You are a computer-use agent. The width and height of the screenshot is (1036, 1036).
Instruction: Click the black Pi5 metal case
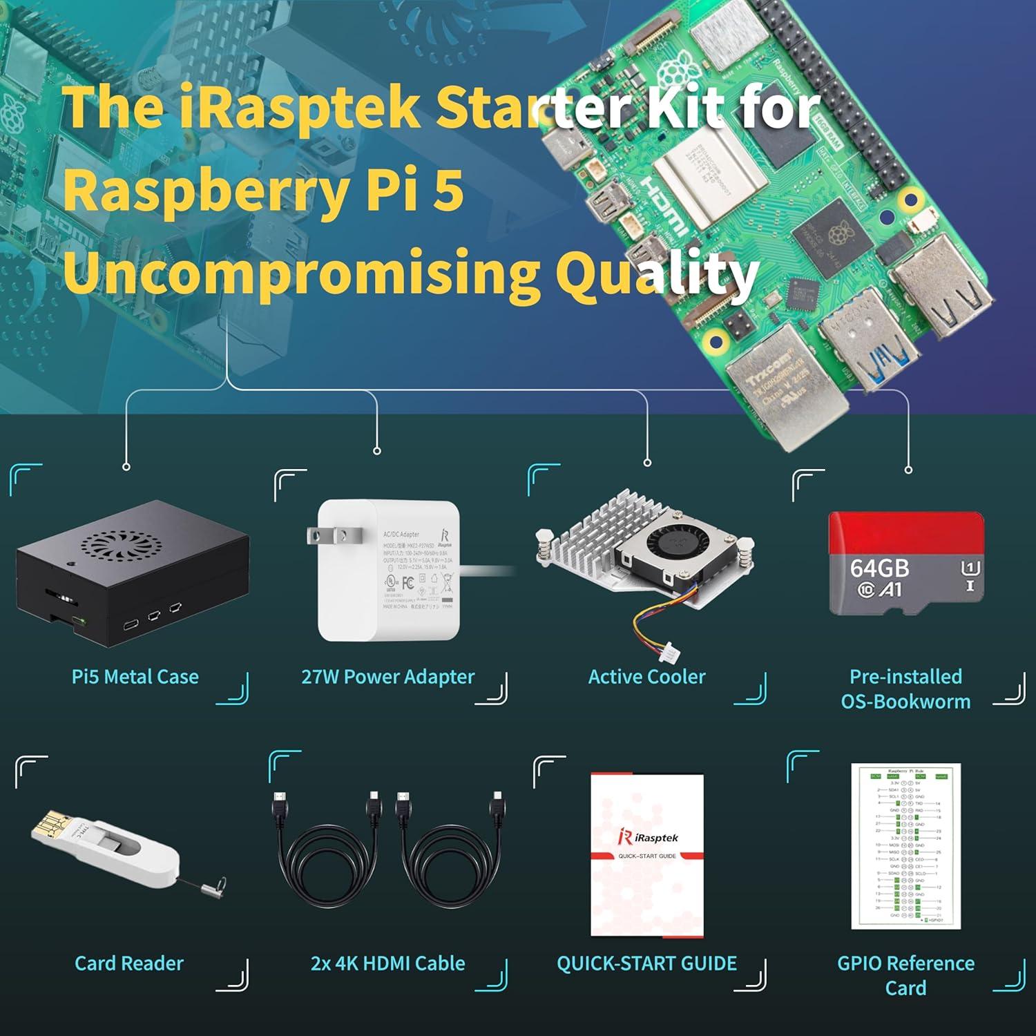click(x=131, y=573)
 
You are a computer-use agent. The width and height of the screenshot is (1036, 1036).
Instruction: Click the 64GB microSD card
click(x=905, y=564)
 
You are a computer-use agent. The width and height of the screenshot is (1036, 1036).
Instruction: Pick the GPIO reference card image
click(x=905, y=846)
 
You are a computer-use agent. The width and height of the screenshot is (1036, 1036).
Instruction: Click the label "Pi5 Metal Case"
click(x=135, y=677)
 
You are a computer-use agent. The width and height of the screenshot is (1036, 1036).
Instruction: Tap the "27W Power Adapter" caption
click(x=388, y=677)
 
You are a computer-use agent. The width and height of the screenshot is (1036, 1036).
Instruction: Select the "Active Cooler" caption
click(x=646, y=677)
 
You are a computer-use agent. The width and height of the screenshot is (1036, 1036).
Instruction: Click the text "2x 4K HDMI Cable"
click(x=388, y=963)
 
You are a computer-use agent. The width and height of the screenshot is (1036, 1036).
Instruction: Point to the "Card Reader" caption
click(x=129, y=963)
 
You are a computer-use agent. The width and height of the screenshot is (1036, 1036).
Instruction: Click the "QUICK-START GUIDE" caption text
click(x=646, y=963)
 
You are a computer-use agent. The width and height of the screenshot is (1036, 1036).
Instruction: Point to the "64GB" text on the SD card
click(x=879, y=568)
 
